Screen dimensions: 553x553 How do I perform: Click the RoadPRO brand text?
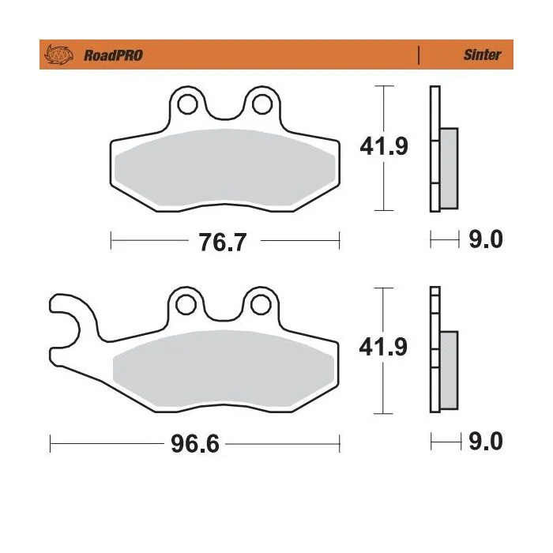coord(113,55)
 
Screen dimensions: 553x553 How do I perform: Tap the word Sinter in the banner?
coord(482,55)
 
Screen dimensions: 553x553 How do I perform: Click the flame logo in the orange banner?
coord(58,55)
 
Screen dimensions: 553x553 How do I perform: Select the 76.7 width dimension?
coord(223,242)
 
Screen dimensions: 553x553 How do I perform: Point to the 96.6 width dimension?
coord(195,444)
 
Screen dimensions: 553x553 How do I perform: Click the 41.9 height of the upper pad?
coord(384,146)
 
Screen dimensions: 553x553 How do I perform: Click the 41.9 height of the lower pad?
coord(383,347)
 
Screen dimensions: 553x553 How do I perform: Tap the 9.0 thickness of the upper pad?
coord(486,239)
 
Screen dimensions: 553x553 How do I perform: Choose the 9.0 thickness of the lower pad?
coord(486,441)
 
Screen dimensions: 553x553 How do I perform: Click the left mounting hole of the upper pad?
coord(187,104)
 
